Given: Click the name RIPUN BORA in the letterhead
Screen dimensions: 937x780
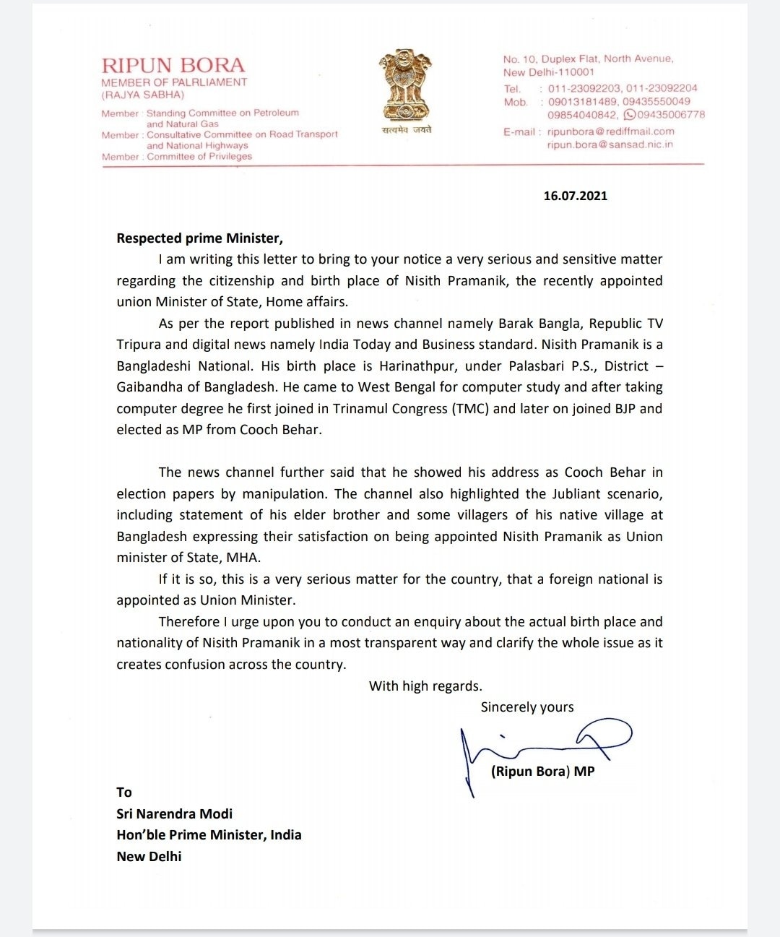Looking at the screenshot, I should point(173,66).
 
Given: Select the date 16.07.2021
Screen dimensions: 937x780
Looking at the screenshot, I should point(575,196).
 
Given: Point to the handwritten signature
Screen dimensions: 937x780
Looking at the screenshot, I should point(542,748).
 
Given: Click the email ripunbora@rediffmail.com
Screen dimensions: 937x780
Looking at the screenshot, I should point(610,131).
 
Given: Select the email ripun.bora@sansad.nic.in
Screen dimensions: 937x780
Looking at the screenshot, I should point(610,144).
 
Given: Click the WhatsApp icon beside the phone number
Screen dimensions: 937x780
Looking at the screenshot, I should point(630,115).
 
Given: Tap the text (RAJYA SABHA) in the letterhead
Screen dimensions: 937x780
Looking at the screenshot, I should point(143,95).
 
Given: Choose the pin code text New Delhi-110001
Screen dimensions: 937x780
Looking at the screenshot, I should point(549,72).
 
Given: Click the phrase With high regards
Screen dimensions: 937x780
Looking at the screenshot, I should point(425,686).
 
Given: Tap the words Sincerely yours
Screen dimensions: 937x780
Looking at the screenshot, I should point(527,707).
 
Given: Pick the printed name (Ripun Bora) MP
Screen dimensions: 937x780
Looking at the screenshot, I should point(542,771).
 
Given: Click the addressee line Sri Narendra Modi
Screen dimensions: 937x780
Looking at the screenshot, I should point(174,813).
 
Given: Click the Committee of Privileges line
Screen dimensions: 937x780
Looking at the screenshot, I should point(199,156).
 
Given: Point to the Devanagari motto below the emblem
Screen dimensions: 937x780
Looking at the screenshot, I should point(407,130).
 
